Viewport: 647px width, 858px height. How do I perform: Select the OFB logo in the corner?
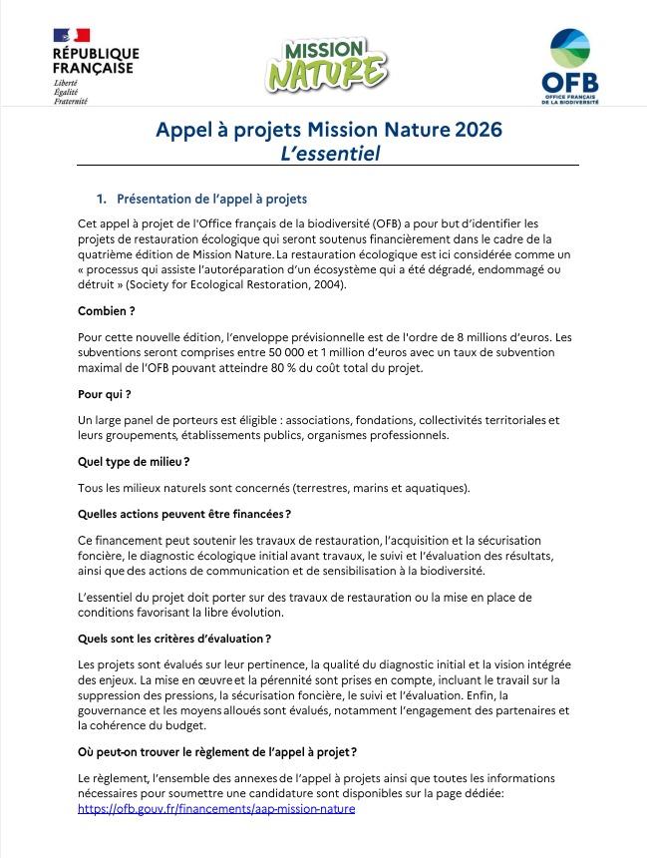570,66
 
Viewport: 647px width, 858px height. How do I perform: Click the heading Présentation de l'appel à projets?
211,199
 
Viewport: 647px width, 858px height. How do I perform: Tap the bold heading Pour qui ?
105,394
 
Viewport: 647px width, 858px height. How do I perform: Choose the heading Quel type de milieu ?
134,461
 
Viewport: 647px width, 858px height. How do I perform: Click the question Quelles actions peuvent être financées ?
184,513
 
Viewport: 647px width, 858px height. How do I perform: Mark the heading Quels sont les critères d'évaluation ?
174,638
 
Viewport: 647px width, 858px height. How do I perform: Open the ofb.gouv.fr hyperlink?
216,808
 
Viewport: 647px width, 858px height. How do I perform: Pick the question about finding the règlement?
217,751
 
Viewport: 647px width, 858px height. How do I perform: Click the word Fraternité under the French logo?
70,102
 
